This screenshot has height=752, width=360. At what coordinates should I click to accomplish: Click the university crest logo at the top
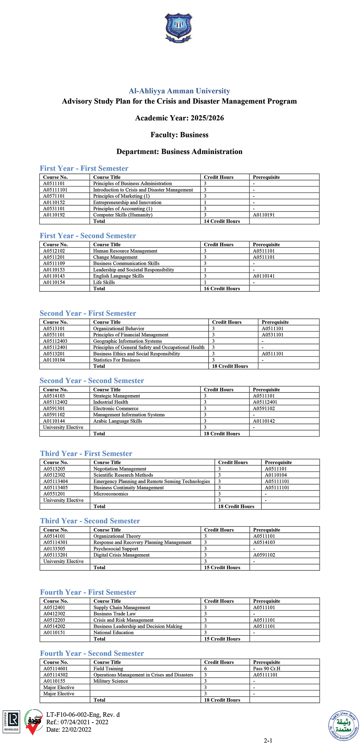[178, 28]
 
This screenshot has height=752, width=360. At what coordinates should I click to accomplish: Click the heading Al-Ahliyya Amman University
[179, 91]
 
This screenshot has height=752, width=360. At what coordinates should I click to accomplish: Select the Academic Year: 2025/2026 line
[179, 118]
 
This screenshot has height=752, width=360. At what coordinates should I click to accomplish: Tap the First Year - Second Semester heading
[88, 236]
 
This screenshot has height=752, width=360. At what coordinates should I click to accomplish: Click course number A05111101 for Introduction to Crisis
[55, 190]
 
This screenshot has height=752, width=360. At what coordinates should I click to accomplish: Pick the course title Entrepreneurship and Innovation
[127, 202]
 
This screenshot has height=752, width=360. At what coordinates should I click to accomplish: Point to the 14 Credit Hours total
[222, 221]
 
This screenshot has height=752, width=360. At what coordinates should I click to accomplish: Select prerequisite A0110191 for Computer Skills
[264, 215]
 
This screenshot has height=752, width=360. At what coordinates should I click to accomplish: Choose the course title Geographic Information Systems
[127, 341]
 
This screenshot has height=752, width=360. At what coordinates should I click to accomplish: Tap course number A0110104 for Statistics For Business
[54, 360]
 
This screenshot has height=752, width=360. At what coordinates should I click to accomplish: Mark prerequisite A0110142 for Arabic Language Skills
[264, 421]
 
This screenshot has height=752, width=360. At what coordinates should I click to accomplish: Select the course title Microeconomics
[111, 494]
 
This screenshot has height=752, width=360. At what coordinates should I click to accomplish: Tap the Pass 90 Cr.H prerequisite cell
[266, 669]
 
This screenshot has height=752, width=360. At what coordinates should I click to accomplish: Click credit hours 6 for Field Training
[205, 669]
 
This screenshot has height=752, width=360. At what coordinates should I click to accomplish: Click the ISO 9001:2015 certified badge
[12, 722]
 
